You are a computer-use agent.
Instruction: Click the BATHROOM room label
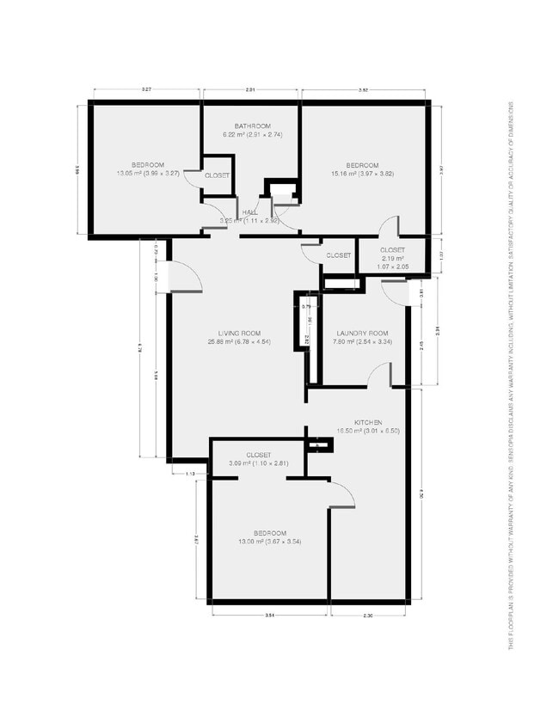coord(251,126)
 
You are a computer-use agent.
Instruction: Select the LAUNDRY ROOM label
coord(363,334)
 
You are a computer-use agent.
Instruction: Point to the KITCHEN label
coord(367,423)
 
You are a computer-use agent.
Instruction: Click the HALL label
coord(250,211)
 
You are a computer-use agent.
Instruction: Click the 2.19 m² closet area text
coord(392,259)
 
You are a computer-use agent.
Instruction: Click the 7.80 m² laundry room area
coord(362,342)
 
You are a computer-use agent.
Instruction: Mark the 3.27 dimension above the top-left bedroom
coord(147,90)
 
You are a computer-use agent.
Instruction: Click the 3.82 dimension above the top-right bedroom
coord(363,90)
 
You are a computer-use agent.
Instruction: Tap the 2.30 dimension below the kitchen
coord(369,616)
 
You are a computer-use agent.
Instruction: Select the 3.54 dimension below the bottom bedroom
coord(269,616)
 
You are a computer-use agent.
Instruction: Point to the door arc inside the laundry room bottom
coord(378,374)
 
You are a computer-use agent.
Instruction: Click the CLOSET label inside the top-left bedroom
coord(217,175)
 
